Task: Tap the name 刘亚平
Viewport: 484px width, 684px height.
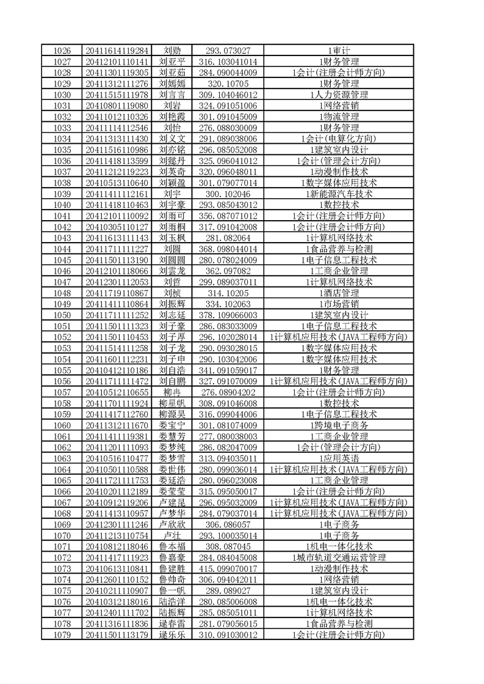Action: point(172,61)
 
